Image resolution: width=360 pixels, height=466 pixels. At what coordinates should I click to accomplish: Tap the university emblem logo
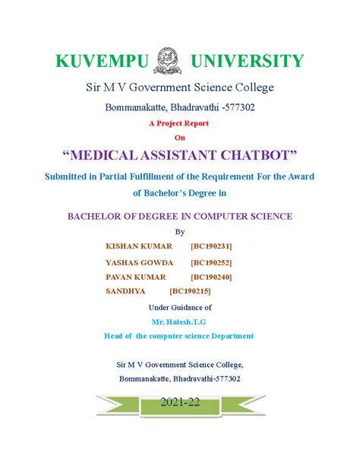coord(168,59)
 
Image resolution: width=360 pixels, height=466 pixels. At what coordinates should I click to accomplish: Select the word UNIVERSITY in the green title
coord(247,60)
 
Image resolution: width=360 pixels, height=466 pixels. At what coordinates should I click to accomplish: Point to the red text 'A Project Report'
coord(180,123)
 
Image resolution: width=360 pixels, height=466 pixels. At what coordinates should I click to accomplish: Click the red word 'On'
coord(180,137)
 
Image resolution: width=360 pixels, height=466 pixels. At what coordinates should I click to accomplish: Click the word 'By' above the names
coord(180,232)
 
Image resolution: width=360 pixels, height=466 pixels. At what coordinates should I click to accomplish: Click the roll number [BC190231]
coord(212,247)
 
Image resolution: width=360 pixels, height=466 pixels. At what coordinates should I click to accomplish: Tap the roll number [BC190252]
coord(212,262)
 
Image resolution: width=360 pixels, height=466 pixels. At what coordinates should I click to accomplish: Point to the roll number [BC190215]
coord(191,290)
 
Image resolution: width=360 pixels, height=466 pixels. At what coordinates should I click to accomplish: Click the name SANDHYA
coord(126,290)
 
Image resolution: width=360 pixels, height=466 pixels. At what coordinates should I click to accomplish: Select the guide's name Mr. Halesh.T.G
coord(180,322)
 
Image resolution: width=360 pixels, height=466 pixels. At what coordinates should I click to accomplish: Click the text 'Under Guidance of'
coord(180,307)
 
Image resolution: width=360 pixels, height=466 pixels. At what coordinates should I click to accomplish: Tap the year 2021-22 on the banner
coord(180,403)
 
